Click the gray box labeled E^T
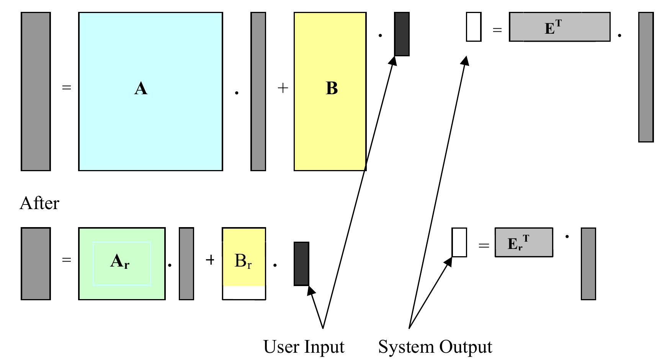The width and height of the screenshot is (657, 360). coord(559,27)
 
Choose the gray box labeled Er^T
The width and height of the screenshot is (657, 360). coord(524,242)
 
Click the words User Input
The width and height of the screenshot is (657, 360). coord(304,347)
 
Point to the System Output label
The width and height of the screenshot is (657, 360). coord(435,347)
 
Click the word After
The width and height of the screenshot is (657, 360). coord(39,203)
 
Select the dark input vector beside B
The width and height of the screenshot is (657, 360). coord(402,34)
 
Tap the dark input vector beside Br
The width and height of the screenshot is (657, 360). coord(301,263)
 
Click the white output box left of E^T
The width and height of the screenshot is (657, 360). coord(474,27)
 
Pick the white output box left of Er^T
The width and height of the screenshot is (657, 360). coord(459,242)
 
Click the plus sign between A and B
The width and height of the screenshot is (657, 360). coord(283,88)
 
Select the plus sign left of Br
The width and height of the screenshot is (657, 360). coord(210,260)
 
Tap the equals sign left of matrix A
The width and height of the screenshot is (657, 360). coord(67,88)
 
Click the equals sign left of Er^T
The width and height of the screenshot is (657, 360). coord(484,245)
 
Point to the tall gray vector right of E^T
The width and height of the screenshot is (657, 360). coord(646,77)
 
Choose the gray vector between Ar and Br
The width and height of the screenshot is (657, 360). coord(186,263)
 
